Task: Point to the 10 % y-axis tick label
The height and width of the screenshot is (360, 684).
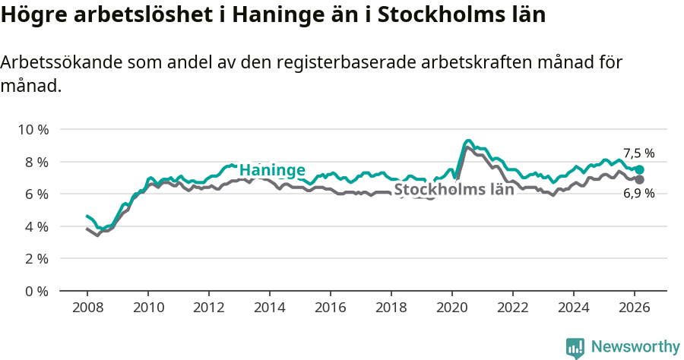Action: [x=33, y=130]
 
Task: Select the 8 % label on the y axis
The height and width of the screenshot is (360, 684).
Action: [x=36, y=162]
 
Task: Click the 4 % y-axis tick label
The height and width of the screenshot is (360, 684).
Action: [x=36, y=226]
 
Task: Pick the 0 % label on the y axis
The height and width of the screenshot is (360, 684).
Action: [x=36, y=291]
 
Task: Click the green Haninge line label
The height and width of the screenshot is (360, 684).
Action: [x=272, y=170]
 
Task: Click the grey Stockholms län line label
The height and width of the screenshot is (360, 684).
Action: [x=454, y=190]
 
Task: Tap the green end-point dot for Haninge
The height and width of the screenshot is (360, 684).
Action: [x=639, y=170]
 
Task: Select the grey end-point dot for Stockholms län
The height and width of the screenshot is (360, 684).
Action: [x=639, y=179]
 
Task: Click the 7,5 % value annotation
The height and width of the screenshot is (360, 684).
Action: [x=638, y=153]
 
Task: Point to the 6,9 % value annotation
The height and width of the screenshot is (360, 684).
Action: [x=638, y=194]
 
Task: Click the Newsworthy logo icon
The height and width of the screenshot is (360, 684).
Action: [x=575, y=348]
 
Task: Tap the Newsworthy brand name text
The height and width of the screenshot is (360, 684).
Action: [x=635, y=347]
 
